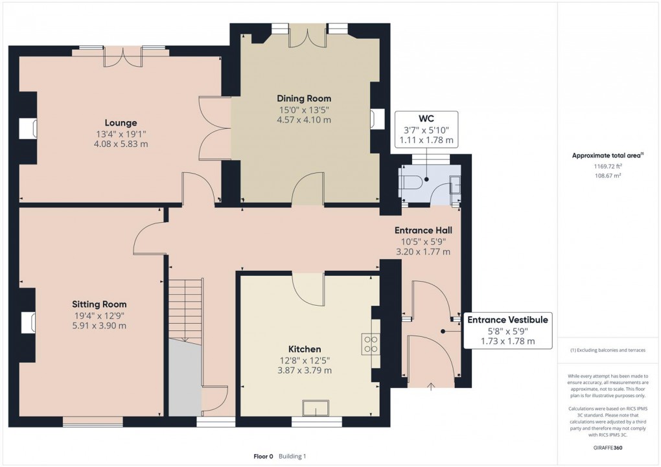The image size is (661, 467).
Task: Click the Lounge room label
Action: click(x=121, y=122)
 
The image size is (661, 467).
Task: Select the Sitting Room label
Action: click(x=99, y=304)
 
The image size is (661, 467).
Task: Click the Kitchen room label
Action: click(x=305, y=349)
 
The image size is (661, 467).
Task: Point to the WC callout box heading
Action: click(x=426, y=119)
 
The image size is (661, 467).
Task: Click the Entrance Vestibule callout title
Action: click(x=507, y=319)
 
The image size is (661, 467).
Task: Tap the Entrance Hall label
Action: click(x=423, y=230)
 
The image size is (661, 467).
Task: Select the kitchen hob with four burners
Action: click(x=371, y=343)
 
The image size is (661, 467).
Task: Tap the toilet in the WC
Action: click(x=410, y=184)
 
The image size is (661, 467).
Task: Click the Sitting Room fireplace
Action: click(x=27, y=322)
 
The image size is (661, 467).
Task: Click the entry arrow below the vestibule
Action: click(x=432, y=387)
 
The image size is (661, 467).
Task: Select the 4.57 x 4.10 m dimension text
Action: click(x=304, y=120)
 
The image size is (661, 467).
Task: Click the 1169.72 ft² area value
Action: click(x=607, y=166)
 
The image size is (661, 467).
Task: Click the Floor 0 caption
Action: click(x=263, y=457)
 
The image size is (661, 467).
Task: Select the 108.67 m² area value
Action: click(x=607, y=176)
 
